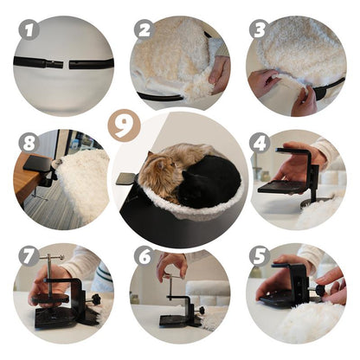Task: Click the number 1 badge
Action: [x=29, y=30]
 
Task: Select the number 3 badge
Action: [x=258, y=29]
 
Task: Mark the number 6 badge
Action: [x=144, y=257]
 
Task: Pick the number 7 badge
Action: [x=29, y=257]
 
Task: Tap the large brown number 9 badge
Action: [x=125, y=127]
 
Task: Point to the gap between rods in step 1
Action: [x=66, y=64]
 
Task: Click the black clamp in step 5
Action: [x=294, y=286]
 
